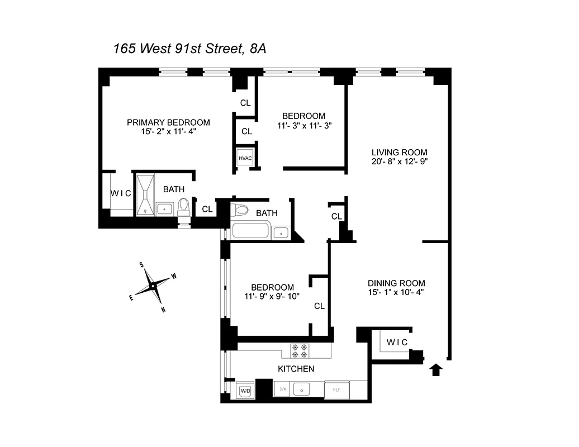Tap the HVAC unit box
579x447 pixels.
[x=245, y=158]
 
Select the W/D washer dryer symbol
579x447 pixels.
[x=245, y=391]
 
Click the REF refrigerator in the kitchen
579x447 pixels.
[x=337, y=389]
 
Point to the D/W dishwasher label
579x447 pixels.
[x=283, y=389]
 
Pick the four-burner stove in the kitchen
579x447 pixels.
[x=299, y=350]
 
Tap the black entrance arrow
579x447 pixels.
[x=436, y=369]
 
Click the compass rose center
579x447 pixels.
[x=153, y=286]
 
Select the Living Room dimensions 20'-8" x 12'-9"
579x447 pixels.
[x=400, y=162]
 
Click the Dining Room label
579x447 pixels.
[x=396, y=283]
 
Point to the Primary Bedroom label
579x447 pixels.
[x=168, y=122]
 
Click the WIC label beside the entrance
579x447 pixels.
[x=397, y=342]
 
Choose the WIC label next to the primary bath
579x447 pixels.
[x=120, y=193]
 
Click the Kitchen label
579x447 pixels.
[x=296, y=369]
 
